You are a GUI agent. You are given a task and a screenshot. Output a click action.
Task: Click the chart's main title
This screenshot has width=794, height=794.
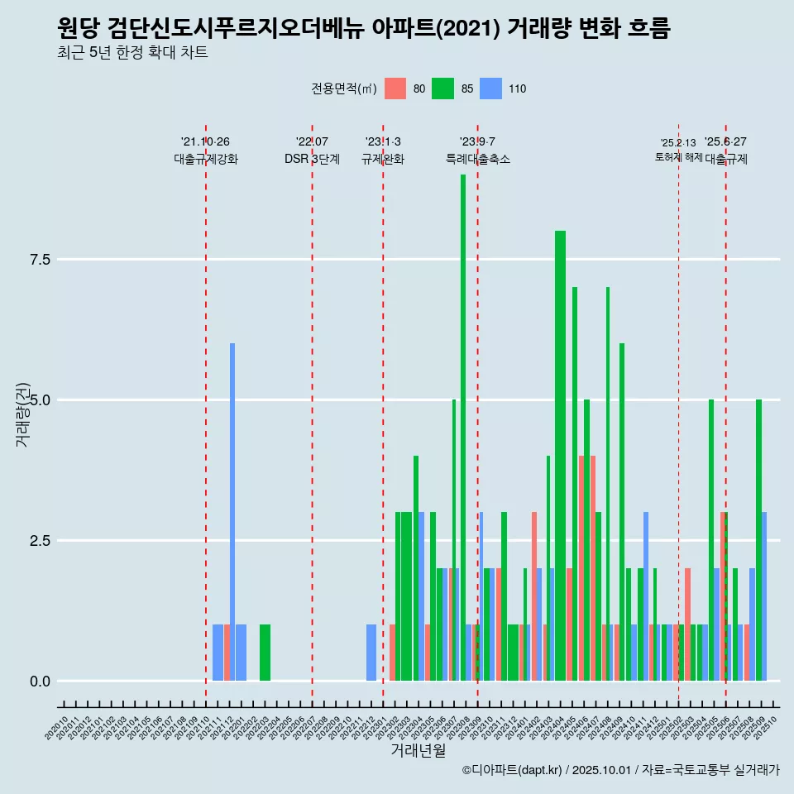364,29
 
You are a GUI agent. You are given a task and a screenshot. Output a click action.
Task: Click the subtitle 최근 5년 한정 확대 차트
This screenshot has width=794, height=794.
132,53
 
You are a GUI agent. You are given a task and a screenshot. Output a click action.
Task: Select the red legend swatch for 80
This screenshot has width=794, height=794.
395,88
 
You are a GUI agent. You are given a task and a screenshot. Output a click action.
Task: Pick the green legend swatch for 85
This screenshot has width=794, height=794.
443,88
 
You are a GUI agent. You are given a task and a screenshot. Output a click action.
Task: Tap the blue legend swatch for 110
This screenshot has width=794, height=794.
491,88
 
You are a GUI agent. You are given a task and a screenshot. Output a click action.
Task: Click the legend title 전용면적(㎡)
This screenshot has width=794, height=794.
344,88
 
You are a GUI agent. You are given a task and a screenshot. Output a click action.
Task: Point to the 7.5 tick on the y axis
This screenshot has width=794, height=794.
41,260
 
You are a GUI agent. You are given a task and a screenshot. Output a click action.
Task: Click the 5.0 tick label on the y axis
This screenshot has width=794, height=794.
41,400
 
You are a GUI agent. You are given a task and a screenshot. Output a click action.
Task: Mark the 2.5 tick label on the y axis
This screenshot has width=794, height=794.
41,541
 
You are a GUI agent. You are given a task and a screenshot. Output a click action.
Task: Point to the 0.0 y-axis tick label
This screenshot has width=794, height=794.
41,682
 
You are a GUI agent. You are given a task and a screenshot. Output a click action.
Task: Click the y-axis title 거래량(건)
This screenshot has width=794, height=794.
22,414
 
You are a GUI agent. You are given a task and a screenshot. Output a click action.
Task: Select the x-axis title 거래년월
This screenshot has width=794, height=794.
418,750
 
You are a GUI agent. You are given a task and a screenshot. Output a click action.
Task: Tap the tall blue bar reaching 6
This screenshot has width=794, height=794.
232,513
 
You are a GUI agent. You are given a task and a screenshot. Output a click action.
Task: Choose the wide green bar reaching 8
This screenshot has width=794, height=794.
560,455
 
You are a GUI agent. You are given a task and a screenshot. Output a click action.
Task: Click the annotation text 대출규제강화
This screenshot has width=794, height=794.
206,160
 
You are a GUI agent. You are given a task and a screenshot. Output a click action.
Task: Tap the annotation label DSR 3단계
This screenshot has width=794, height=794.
312,160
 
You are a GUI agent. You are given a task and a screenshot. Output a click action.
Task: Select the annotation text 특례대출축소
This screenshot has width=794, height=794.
478,160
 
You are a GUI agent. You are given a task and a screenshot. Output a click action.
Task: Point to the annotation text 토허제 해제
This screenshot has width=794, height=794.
679,157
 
